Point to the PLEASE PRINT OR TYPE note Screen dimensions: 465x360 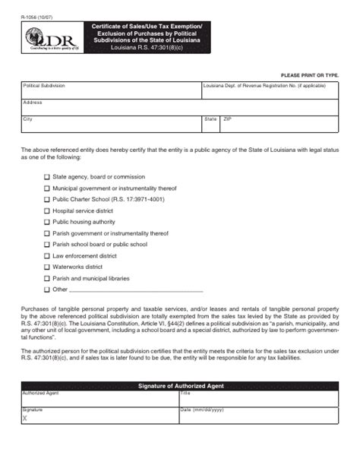(309, 75)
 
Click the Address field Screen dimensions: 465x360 (180, 109)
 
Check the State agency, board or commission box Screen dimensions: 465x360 (47, 176)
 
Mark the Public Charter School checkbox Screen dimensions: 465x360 (47, 199)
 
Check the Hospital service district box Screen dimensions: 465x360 (47, 210)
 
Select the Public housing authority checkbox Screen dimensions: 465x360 (47, 222)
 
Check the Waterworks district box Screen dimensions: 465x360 (47, 267)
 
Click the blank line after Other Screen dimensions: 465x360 (137, 289)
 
